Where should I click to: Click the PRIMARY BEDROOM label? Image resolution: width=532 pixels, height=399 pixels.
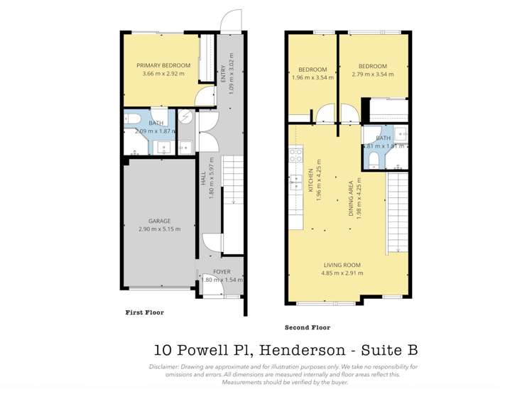[x=163, y=65]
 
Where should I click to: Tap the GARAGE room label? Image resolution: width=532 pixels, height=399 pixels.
[x=159, y=221]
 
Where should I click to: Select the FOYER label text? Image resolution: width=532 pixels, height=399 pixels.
[x=222, y=272]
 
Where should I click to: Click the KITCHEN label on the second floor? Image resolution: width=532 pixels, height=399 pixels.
[x=312, y=181]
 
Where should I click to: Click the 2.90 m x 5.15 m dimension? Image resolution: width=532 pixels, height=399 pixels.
[x=159, y=229]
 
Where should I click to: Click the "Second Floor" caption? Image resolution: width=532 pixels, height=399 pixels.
[x=307, y=327]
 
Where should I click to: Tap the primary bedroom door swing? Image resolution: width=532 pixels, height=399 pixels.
[x=205, y=97]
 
